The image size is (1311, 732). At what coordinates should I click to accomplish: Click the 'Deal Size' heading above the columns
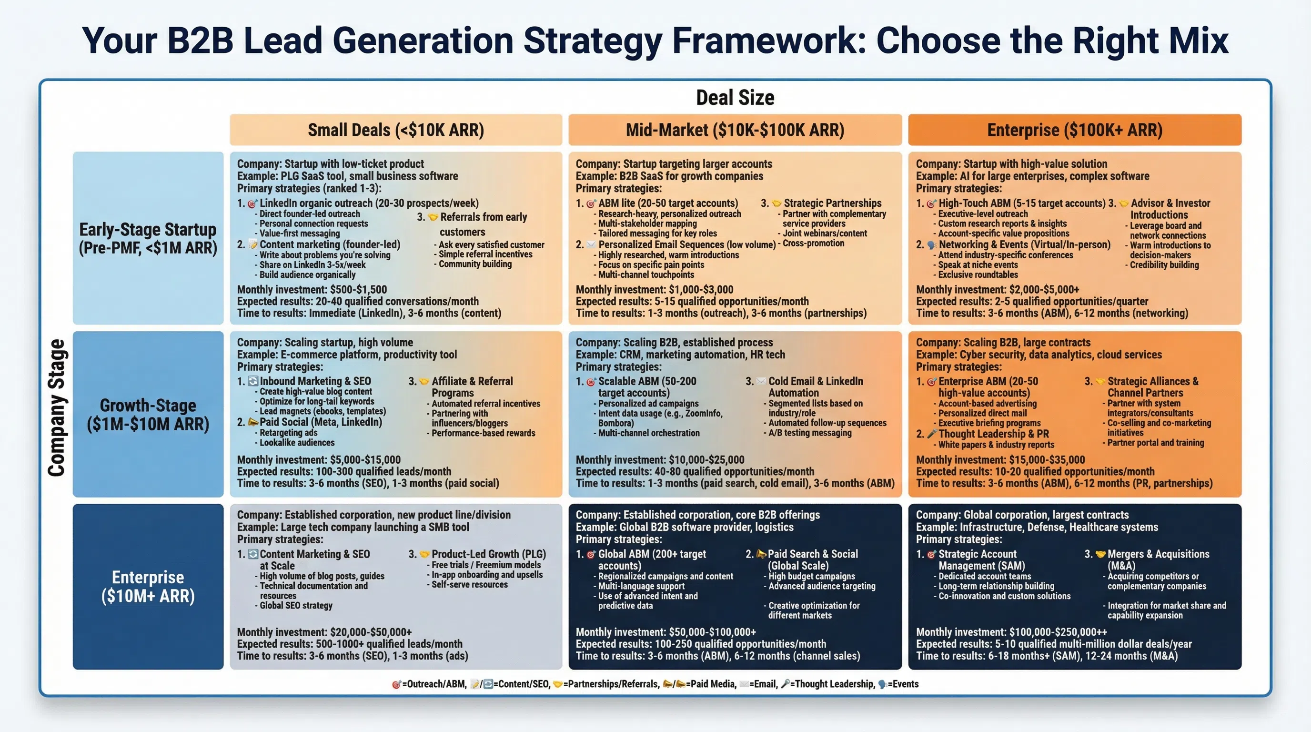[735, 97]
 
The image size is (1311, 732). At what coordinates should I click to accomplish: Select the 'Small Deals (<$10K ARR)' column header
[395, 130]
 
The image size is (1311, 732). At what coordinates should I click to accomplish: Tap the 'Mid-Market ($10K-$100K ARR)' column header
[735, 130]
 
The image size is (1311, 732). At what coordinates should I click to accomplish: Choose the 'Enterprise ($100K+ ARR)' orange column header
[1074, 130]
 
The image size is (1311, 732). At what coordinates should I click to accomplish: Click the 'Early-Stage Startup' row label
[148, 230]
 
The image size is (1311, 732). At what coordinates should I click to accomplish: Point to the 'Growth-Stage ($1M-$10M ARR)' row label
[148, 414]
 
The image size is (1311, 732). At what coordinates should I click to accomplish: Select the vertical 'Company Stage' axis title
[57, 407]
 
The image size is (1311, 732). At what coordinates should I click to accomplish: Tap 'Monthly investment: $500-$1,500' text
[312, 290]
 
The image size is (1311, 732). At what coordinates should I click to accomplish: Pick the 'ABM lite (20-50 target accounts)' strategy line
[667, 203]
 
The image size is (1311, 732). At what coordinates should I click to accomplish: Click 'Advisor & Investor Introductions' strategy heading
[1170, 209]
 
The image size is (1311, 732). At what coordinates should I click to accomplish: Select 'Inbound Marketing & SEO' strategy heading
[314, 381]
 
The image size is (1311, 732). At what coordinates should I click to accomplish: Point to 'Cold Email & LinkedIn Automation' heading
[815, 386]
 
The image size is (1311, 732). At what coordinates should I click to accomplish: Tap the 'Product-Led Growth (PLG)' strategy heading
[488, 554]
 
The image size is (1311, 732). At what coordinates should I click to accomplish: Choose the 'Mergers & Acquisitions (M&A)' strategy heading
[1158, 559]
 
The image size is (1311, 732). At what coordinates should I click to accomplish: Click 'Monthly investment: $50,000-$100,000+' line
[665, 632]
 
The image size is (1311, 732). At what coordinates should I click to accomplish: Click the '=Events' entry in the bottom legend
[902, 684]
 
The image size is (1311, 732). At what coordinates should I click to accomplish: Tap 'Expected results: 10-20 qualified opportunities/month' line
[1035, 471]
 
